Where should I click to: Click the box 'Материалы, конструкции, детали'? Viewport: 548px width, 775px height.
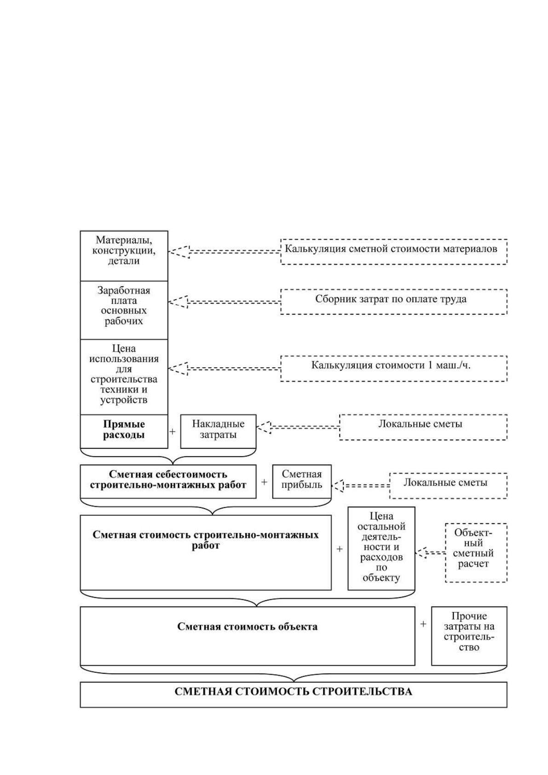pyautogui.click(x=124, y=256)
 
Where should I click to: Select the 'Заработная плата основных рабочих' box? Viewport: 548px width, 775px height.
pyautogui.click(x=124, y=310)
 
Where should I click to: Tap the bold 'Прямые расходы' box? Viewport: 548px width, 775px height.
pyautogui.click(x=124, y=431)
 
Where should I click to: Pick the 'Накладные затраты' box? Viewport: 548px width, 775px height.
pyautogui.click(x=218, y=431)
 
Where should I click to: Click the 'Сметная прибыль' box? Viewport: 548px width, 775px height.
pyautogui.click(x=302, y=481)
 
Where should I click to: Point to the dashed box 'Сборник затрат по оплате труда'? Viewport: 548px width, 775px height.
pyautogui.click(x=394, y=302)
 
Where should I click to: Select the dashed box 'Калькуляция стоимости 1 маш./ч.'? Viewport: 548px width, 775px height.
pyautogui.click(x=394, y=369)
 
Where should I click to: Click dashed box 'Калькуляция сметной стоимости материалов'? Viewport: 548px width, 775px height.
pyautogui.click(x=394, y=252)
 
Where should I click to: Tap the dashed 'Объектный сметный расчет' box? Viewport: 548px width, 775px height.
pyautogui.click(x=476, y=553)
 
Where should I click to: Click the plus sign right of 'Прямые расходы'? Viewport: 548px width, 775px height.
pyautogui.click(x=172, y=431)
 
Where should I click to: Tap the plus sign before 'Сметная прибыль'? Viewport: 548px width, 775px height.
pyautogui.click(x=264, y=482)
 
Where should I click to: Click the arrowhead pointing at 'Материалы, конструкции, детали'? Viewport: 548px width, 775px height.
pyautogui.click(x=179, y=252)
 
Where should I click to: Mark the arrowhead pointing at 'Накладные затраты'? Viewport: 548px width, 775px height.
pyautogui.click(x=264, y=428)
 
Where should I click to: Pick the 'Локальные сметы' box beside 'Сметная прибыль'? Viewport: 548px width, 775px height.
pyautogui.click(x=449, y=486)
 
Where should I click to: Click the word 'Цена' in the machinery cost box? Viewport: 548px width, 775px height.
pyautogui.click(x=124, y=348)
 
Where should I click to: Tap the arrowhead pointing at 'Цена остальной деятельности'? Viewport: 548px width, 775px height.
pyautogui.click(x=421, y=553)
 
